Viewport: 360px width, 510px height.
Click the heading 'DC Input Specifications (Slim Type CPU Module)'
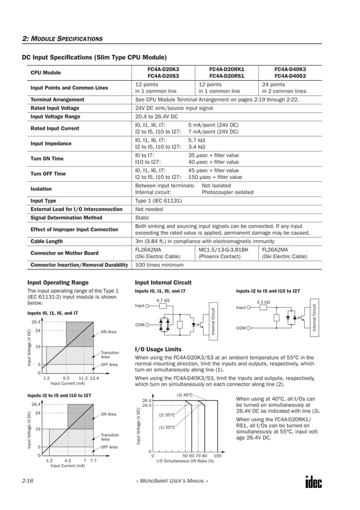94,57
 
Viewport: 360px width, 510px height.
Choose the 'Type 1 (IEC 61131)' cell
159,200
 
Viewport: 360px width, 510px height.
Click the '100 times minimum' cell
156,264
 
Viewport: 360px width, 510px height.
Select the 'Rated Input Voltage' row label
55,108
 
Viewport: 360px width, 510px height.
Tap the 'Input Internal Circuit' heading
163,282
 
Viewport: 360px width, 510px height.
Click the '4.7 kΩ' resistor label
163,300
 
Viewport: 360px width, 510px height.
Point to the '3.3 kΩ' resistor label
264,302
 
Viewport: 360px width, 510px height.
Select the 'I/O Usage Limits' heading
159,349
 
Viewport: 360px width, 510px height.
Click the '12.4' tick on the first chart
95,378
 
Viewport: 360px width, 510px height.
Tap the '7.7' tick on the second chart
94,460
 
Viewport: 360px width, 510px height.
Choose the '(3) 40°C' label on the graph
185,394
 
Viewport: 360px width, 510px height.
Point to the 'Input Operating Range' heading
58,282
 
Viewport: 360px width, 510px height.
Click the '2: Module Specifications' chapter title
62,38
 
